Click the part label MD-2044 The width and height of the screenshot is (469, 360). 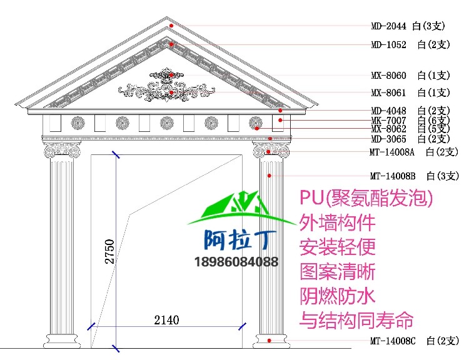(388, 26)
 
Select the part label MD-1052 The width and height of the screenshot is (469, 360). (388, 45)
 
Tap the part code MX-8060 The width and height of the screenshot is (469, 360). (388, 76)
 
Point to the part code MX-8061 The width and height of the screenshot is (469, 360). (388, 92)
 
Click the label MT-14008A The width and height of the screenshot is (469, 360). (392, 152)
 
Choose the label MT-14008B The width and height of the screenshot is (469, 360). (393, 176)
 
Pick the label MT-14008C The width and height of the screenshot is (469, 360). (393, 341)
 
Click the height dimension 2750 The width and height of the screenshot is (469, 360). (110, 251)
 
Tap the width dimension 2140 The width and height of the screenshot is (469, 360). (166, 320)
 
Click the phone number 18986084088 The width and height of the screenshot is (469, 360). (236, 262)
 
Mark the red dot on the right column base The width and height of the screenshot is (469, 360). (269, 341)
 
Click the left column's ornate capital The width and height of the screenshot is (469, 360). (62, 150)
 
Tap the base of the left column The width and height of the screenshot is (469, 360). (62, 341)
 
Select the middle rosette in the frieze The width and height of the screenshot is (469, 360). (166, 123)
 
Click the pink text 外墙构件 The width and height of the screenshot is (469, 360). (337, 222)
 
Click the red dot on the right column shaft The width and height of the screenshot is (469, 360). (269, 176)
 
